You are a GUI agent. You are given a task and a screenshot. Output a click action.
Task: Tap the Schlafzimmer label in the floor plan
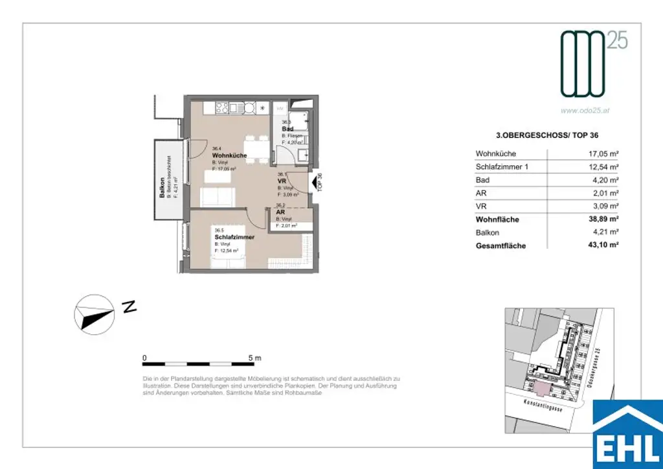[234, 237]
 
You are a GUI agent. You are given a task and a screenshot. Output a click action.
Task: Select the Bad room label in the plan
[287, 129]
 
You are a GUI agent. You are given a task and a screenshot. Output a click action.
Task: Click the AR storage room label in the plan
[280, 212]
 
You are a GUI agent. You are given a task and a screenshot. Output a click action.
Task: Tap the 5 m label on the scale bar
[254, 358]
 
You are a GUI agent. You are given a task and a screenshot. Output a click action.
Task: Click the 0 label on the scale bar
[144, 358]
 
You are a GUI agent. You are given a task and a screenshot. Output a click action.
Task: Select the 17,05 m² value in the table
[604, 154]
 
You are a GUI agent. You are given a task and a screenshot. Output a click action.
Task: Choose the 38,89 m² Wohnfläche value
[603, 220]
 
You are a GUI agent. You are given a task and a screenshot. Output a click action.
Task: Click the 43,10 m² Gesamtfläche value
[603, 246]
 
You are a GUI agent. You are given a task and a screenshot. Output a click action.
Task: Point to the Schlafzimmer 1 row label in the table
[502, 167]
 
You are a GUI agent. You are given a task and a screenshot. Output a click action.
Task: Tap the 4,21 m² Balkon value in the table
[606, 233]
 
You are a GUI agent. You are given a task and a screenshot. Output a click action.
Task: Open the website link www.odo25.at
[585, 110]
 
